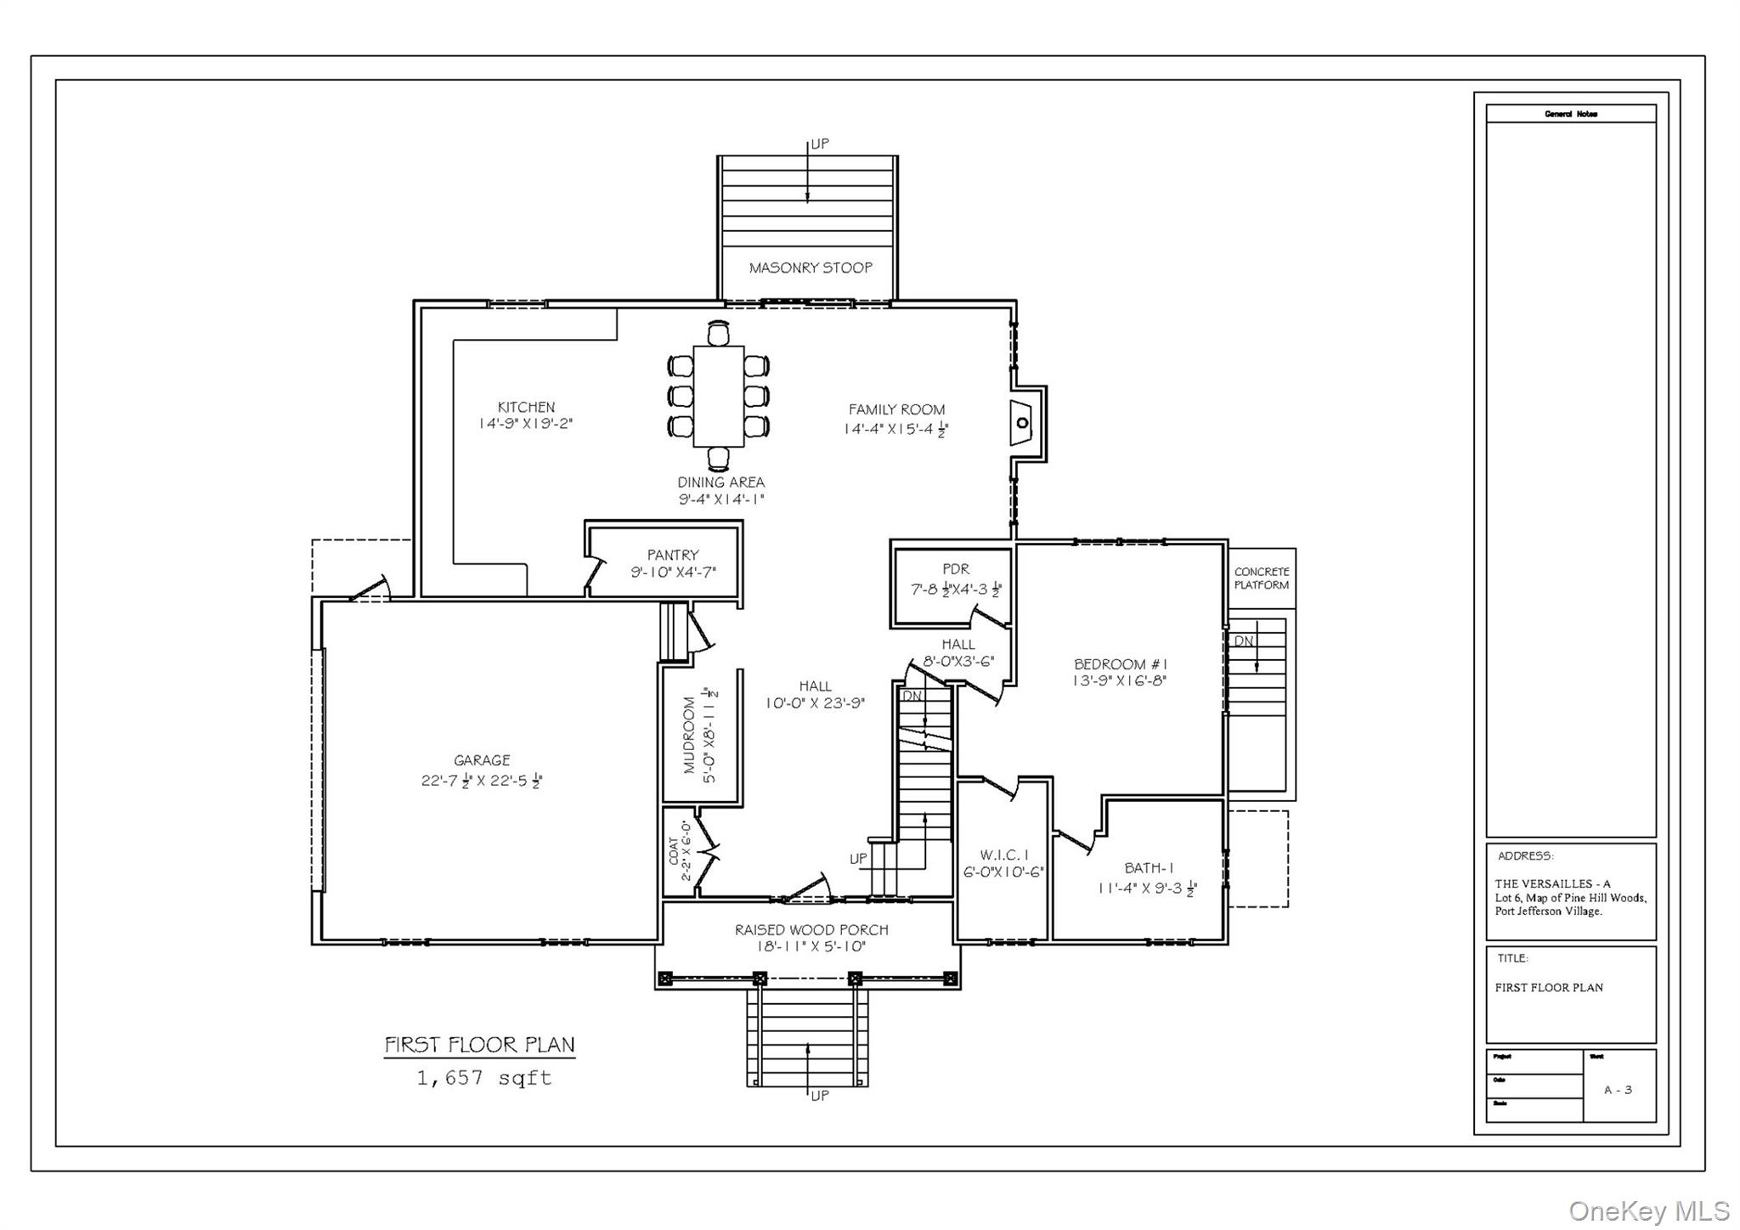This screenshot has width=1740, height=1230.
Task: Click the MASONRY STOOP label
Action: (x=810, y=268)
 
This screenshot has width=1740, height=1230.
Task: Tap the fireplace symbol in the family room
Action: (x=1022, y=423)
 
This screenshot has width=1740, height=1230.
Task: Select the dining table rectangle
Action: (x=719, y=396)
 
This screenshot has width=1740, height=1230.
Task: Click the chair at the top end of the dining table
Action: (x=719, y=333)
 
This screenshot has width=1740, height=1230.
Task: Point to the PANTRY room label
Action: (x=673, y=555)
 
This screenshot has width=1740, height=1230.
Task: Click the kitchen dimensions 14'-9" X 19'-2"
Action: (x=526, y=424)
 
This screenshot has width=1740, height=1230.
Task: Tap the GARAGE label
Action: (x=482, y=760)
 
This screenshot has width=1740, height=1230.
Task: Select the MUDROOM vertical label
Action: (x=690, y=735)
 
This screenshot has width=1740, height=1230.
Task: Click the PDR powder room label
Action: (x=956, y=569)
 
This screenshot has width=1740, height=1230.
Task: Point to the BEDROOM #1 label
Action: (x=1120, y=664)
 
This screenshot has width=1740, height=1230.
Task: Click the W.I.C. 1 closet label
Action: (x=1003, y=855)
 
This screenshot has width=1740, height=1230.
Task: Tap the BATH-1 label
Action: (x=1149, y=868)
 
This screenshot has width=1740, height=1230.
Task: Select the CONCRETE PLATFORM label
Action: (x=1262, y=578)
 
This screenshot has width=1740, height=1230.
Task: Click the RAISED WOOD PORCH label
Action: (x=811, y=930)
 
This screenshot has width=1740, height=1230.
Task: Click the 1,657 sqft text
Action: (x=483, y=1078)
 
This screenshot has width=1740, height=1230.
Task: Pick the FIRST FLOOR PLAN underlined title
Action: (x=479, y=1045)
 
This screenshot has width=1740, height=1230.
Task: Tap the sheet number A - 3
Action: (x=1618, y=1090)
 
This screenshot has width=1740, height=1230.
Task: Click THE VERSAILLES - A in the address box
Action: (x=1552, y=883)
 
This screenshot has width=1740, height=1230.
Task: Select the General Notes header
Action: (x=1570, y=114)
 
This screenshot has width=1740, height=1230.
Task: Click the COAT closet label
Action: (x=674, y=851)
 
